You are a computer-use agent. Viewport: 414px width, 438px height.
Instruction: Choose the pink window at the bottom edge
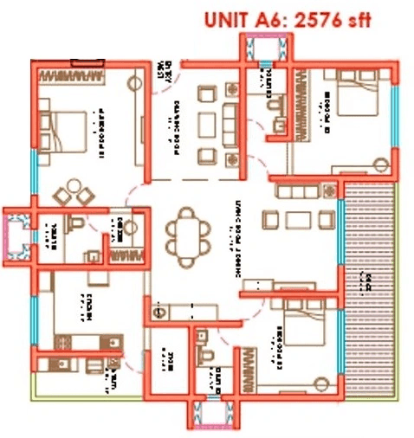(215, 417)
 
